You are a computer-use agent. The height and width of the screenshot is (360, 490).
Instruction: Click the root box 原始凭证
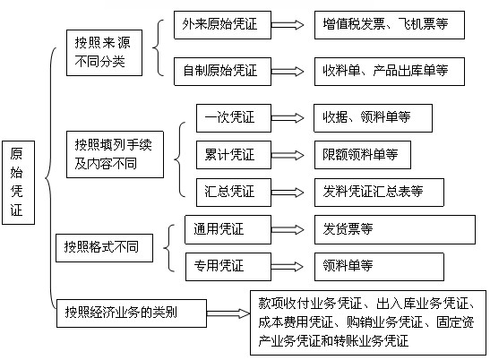18,183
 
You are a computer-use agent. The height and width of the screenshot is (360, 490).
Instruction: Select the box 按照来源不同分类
104,53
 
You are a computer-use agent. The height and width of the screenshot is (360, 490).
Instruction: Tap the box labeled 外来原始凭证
222,25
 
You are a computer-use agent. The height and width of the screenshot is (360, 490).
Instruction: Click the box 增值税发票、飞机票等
390,25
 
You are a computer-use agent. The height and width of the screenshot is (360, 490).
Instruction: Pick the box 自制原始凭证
222,72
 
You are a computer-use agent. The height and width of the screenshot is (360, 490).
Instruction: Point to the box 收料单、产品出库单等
390,72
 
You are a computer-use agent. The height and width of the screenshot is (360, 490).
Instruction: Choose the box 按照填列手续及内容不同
115,154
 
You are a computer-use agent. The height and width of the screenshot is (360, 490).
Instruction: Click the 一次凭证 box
234,118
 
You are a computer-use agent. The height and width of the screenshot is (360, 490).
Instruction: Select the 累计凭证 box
234,155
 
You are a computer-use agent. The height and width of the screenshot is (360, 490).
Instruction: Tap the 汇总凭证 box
234,193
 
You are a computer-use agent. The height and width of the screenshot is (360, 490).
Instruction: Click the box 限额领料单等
363,155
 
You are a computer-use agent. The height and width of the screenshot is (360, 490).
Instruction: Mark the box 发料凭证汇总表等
379,193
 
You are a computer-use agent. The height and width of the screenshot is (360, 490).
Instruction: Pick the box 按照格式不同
104,248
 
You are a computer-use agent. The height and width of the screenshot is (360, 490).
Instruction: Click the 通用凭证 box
228,229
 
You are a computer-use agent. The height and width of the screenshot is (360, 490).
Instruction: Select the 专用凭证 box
228,267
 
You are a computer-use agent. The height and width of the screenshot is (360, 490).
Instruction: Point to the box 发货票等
395,229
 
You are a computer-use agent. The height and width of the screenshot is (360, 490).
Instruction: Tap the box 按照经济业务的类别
132,313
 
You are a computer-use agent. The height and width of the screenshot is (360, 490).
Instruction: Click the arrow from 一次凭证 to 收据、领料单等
288,118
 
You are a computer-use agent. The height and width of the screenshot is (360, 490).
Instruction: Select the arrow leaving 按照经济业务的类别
228,313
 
